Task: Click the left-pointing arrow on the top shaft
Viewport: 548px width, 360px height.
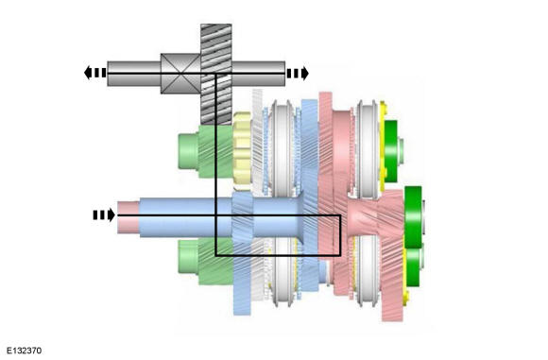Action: click(x=94, y=72)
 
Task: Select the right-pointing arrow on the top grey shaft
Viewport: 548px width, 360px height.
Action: click(x=298, y=72)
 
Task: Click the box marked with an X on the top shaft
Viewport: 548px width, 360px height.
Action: click(x=179, y=72)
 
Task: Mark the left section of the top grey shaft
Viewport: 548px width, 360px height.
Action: click(x=132, y=72)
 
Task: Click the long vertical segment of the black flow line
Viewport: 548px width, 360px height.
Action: click(x=216, y=161)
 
